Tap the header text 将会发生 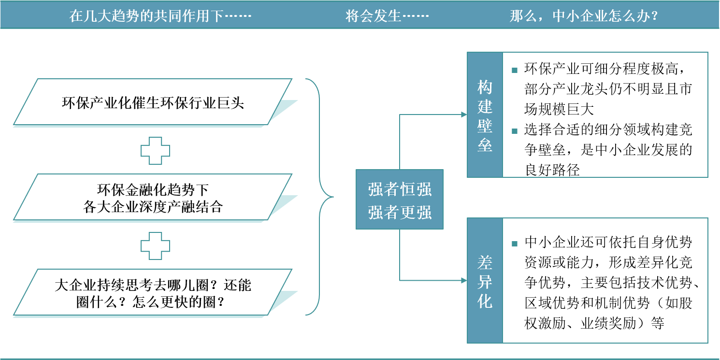pyautogui.click(x=387, y=16)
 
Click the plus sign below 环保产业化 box pyautogui.click(x=155, y=151)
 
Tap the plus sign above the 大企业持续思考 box pyautogui.click(x=155, y=246)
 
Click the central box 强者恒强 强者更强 pyautogui.click(x=400, y=199)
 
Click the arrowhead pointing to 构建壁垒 pyautogui.click(x=464, y=115)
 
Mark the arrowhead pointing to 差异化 pyautogui.click(x=464, y=280)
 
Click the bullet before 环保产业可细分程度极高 pyautogui.click(x=515, y=70)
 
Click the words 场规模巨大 pyautogui.click(x=559, y=109)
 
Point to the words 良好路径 pyautogui.click(x=552, y=170)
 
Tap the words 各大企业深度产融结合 pyautogui.click(x=153, y=207)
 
